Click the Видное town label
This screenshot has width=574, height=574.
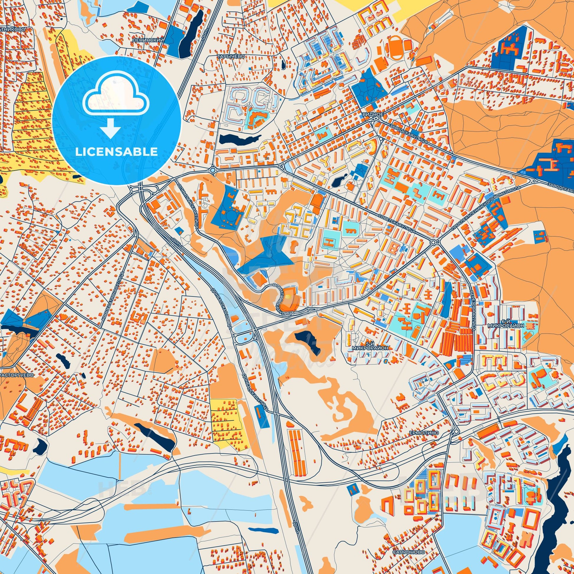click(x=375, y=114)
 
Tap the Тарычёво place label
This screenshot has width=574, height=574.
click(x=227, y=56)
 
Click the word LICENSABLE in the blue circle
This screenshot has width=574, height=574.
click(x=117, y=152)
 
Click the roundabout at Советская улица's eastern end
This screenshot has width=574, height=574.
click(x=434, y=242)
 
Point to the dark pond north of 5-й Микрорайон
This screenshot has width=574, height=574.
click(x=307, y=341)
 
